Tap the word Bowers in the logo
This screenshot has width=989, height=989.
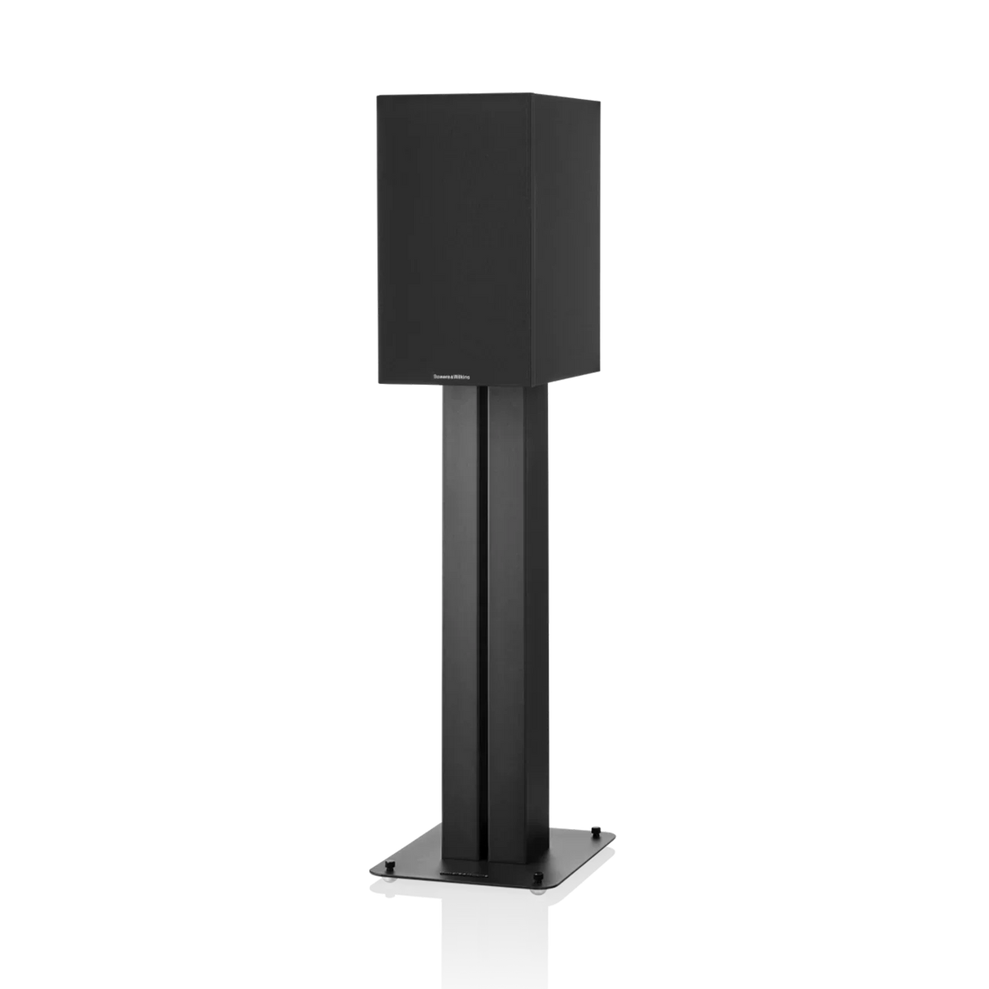[x=440, y=375]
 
